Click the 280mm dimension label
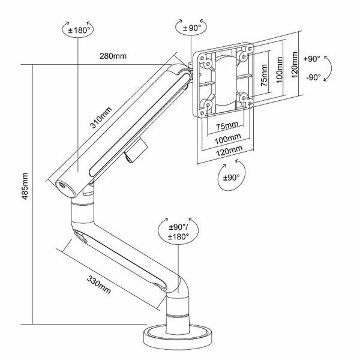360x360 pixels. (113, 56)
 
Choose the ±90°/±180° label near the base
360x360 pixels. (178, 232)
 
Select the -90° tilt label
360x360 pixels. (312, 77)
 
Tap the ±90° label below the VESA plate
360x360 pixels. (231, 178)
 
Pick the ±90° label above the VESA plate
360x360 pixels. (191, 26)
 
